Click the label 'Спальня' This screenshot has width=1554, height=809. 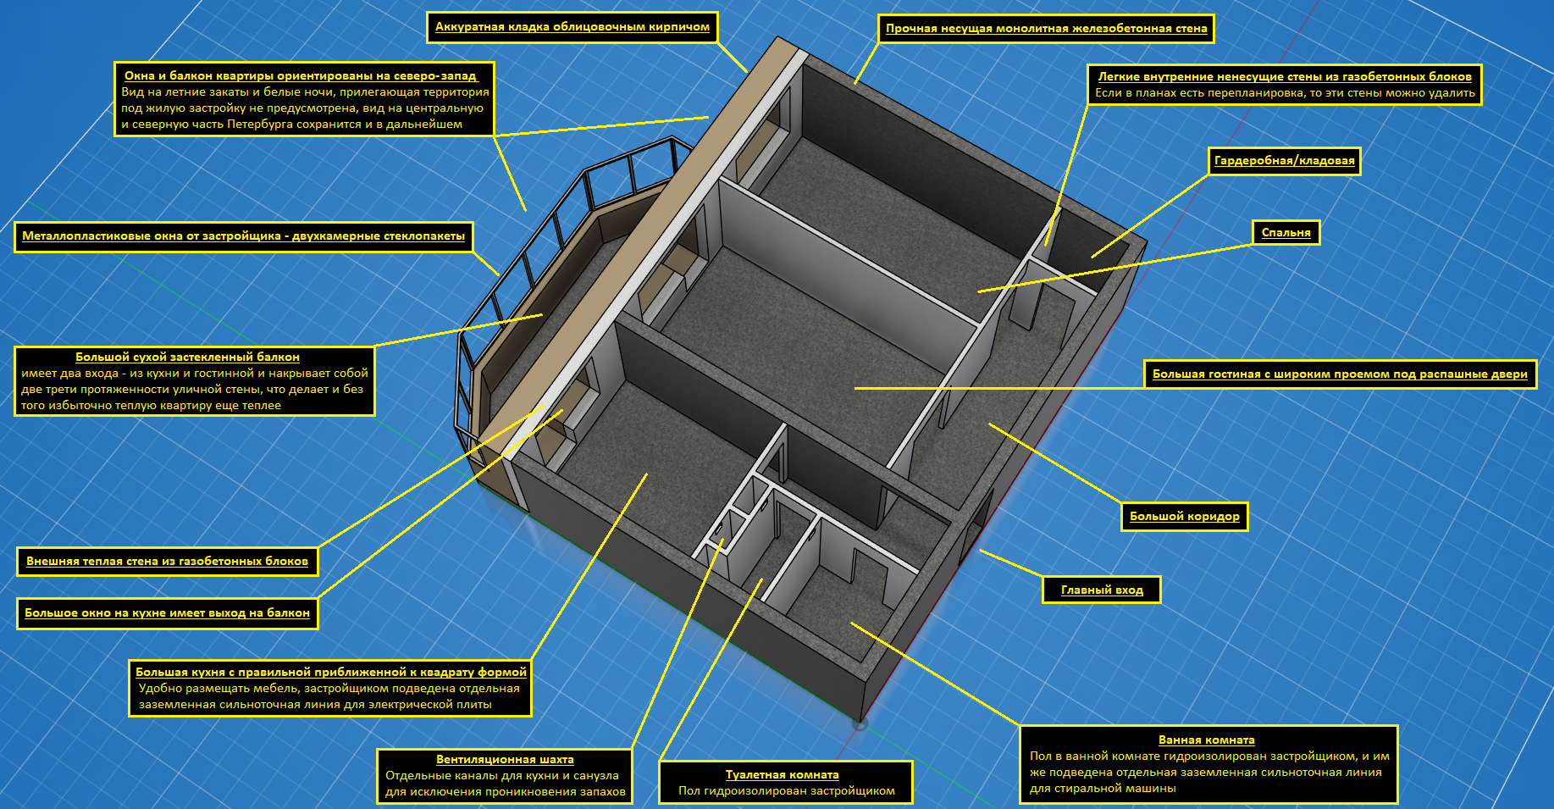1286,233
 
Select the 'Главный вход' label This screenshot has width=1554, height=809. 1102,590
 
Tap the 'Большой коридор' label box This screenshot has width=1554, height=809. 1184,517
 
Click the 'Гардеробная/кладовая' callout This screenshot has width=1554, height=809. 1284,161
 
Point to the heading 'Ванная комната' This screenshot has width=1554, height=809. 1206,740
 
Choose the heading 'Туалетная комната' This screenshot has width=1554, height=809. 782,775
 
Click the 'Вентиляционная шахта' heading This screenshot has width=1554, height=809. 505,760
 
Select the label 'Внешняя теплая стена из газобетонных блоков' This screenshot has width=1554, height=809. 167,562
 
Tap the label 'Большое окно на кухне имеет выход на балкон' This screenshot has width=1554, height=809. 167,613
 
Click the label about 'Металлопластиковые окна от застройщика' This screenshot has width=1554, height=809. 243,236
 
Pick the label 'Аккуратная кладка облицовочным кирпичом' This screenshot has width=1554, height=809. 572,27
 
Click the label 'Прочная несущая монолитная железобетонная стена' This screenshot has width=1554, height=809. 1046,29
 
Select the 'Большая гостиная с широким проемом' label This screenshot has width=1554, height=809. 1340,374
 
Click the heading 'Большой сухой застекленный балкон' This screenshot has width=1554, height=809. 187,357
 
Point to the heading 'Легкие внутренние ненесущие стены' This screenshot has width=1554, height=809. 1284,76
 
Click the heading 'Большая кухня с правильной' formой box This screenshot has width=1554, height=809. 330,673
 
